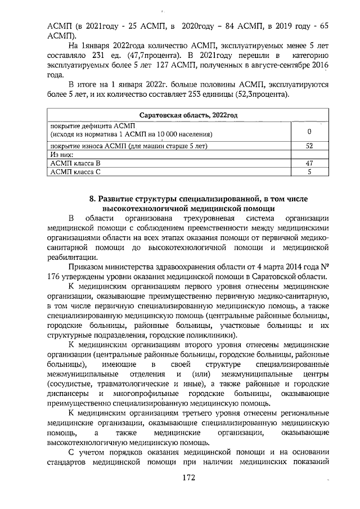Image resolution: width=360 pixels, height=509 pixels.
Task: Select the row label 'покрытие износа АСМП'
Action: coord(90,145)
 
